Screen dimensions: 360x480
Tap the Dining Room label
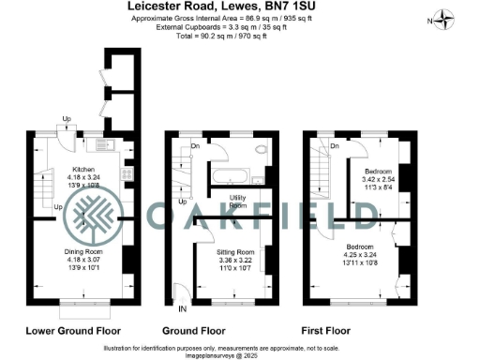click(x=91, y=252)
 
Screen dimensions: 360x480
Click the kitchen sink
click(x=101, y=145)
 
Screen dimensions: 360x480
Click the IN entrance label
click(x=182, y=307)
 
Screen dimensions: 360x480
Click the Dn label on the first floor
click(x=334, y=145)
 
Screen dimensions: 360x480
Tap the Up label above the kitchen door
click(x=67, y=118)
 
